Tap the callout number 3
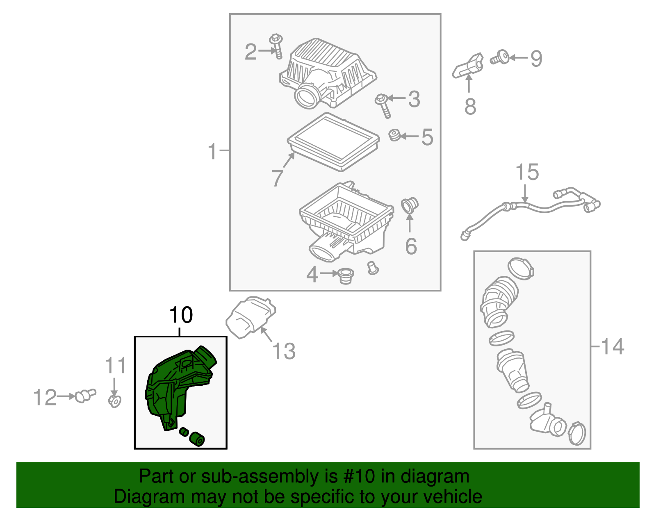point(414,99)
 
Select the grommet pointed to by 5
point(395,135)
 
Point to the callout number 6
point(411,246)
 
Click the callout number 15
point(527,172)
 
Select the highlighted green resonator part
point(176,385)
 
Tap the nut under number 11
point(114,401)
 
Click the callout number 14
point(613,346)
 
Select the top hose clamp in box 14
point(521,269)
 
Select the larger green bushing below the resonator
point(197,439)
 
